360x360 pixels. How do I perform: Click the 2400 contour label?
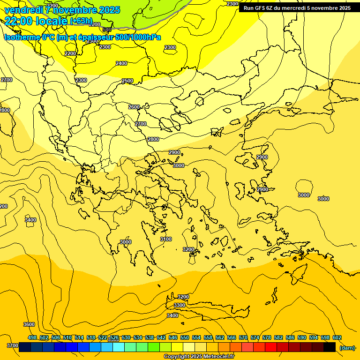(121, 63)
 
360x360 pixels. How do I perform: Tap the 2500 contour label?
(127, 81)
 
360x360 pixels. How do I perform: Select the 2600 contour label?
(134, 107)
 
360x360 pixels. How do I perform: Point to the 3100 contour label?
(166, 239)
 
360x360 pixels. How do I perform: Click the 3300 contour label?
(180, 305)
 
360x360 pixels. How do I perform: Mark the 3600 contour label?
(29, 324)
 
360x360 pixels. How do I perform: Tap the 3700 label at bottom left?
(13, 345)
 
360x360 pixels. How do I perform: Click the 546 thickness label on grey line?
(107, 30)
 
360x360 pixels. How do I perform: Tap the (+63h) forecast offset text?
(81, 21)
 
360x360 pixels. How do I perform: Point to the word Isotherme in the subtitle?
(21, 37)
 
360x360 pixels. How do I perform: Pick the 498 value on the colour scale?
(32, 337)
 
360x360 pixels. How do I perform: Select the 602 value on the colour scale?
(337, 337)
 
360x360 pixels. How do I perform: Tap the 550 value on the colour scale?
(185, 337)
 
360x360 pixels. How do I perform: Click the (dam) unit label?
(347, 348)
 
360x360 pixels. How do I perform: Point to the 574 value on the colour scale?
(255, 337)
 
